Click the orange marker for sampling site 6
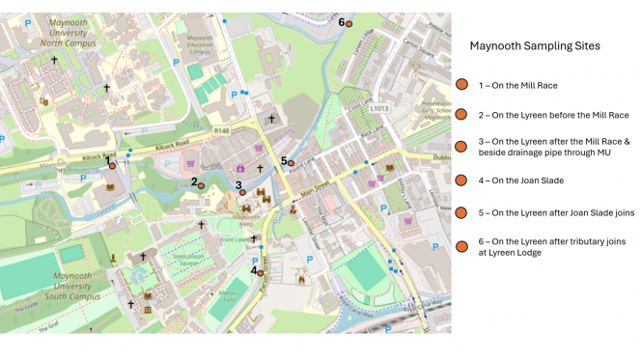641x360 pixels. tap(349, 24)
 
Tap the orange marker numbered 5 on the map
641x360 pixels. tap(291, 164)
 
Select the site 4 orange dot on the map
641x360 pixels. tap(261, 273)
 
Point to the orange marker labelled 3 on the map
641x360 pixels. tap(243, 193)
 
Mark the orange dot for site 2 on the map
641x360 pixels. tap(201, 185)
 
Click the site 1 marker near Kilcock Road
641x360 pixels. tap(112, 166)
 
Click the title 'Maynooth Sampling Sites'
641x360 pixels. tap(534, 45)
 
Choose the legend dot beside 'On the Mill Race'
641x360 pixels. tap(462, 85)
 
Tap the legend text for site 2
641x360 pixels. tap(553, 115)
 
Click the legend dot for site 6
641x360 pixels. tap(462, 246)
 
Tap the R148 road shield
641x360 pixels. tap(222, 129)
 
